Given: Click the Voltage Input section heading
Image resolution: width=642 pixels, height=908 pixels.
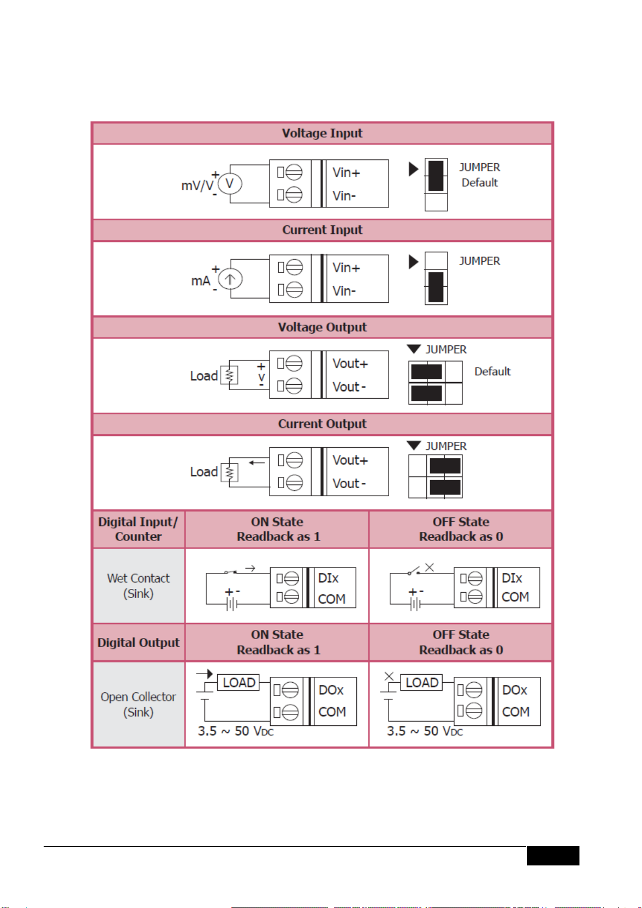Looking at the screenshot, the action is pos(322,133).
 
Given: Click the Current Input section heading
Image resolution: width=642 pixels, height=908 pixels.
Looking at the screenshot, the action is pos(322,230).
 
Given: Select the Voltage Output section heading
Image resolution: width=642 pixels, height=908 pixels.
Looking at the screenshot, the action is pos(322,327).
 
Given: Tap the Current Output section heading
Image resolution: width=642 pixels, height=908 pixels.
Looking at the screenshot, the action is pos(322,424).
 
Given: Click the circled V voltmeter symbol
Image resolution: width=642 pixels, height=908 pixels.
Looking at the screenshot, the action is pos(230,183).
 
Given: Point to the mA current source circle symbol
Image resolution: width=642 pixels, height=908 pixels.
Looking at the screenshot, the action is pos(230,279).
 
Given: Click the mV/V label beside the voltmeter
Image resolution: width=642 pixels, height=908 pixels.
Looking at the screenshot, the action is pos(197,186).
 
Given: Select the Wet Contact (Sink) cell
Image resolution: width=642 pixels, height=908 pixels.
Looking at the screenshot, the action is pos(139,586).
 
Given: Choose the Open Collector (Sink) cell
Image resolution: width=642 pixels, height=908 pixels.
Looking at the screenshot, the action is pos(139,704).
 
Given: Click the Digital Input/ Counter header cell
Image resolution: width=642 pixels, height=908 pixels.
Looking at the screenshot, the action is pos(139,529).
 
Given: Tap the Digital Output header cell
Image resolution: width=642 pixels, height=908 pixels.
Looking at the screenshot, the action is pos(139,642).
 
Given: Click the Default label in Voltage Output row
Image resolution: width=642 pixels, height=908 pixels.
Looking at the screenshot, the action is pos(492,371).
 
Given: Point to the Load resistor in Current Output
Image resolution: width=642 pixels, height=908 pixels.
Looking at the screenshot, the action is pos(230,472).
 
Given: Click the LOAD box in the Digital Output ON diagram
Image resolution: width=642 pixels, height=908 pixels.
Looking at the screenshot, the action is pos(238,682).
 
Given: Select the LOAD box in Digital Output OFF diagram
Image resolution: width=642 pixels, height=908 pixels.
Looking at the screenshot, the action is pos(422,682).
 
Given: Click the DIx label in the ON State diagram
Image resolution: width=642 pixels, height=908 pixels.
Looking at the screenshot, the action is pos(328,578).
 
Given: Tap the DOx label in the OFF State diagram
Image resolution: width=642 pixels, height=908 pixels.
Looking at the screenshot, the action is pos(515,690).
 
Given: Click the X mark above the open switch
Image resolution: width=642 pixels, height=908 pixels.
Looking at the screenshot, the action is pos(430,567).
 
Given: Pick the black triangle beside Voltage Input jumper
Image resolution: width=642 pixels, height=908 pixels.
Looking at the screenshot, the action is pos(413,169).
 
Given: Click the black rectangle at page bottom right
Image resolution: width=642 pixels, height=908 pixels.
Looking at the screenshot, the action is pos(553,855).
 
